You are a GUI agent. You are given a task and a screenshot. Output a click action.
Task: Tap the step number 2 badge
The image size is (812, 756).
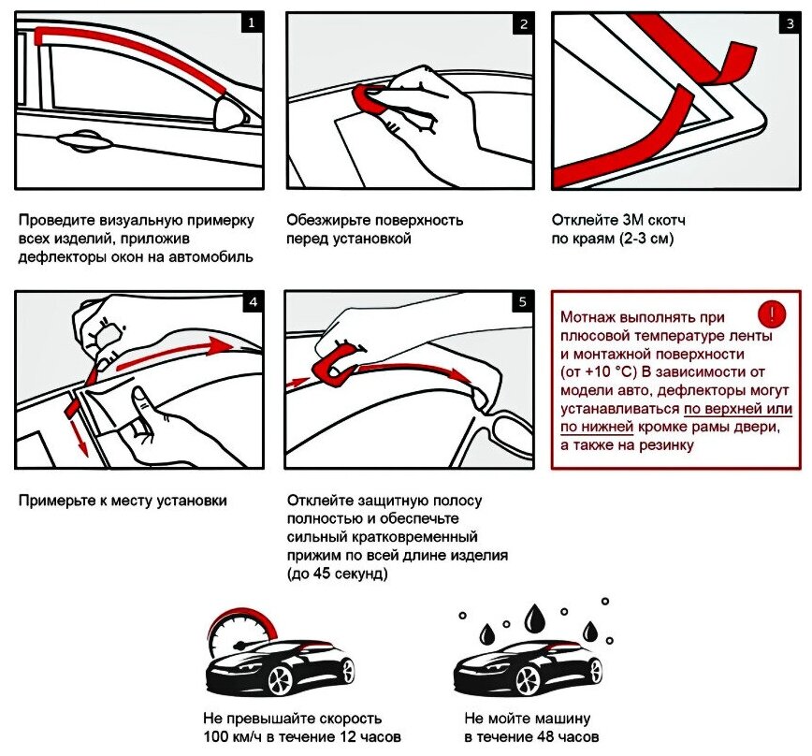click(x=524, y=22)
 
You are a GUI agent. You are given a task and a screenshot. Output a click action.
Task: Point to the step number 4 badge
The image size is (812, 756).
click(x=250, y=301)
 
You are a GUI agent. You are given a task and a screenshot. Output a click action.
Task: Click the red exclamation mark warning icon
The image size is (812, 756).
click(x=773, y=313)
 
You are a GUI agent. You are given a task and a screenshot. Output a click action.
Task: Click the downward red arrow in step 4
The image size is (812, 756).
click(x=79, y=430)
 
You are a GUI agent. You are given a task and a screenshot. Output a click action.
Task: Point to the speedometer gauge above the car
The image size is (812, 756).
click(x=231, y=636)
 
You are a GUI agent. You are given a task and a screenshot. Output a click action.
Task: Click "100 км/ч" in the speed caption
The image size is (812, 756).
click(x=229, y=737)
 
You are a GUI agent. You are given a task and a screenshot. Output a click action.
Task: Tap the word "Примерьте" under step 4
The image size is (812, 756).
click(x=53, y=501)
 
